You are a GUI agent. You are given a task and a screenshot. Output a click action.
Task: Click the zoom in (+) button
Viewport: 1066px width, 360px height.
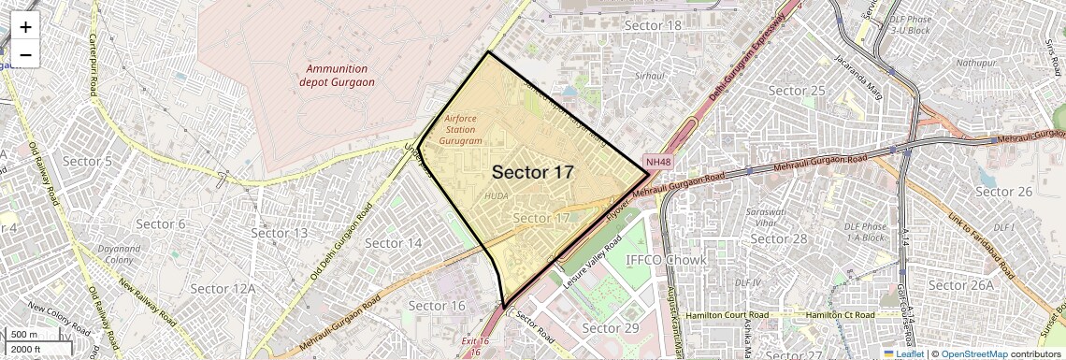25,27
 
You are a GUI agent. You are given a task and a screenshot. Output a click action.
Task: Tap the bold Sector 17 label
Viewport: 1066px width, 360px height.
532,172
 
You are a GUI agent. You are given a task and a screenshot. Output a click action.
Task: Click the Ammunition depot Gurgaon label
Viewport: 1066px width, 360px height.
337,75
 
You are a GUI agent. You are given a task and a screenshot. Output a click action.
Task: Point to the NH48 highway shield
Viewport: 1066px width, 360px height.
658,162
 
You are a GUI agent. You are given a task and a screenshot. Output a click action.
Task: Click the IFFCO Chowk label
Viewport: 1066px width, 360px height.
666,260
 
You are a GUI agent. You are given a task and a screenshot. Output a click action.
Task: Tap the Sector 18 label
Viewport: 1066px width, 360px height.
653,25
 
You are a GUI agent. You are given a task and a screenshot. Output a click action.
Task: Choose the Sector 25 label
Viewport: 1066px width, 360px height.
797,90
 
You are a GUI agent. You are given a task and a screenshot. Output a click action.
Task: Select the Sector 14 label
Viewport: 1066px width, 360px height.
394,243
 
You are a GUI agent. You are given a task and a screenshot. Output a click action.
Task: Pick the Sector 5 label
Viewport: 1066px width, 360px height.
87,162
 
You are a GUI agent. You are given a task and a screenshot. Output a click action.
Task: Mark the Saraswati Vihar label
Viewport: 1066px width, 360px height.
764,217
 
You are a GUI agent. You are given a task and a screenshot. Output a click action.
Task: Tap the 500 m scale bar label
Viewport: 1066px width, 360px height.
25,335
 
